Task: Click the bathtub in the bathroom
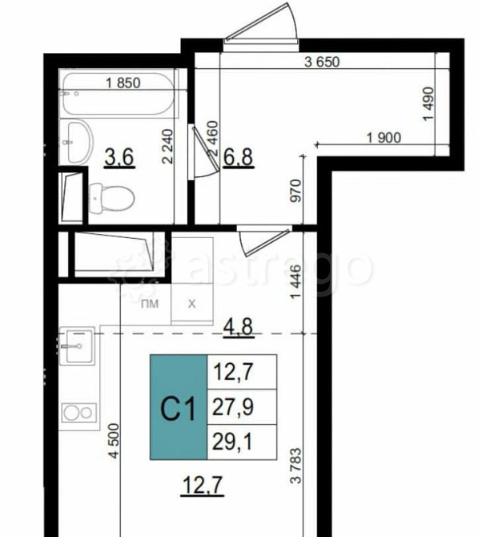[118, 94]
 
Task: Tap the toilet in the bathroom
[111, 199]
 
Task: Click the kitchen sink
[77, 346]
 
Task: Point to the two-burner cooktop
[79, 413]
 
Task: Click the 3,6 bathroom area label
[119, 158]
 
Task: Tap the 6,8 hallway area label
[238, 158]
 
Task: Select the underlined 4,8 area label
[239, 328]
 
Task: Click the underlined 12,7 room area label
[203, 485]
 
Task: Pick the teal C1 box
[179, 407]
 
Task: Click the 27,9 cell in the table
[242, 407]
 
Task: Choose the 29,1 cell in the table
[242, 442]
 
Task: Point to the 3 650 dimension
[322, 62]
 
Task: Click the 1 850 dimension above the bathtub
[123, 83]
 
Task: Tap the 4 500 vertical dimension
[114, 441]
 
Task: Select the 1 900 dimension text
[384, 138]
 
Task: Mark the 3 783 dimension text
[296, 466]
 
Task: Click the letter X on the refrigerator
[192, 304]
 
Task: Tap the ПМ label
[150, 304]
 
